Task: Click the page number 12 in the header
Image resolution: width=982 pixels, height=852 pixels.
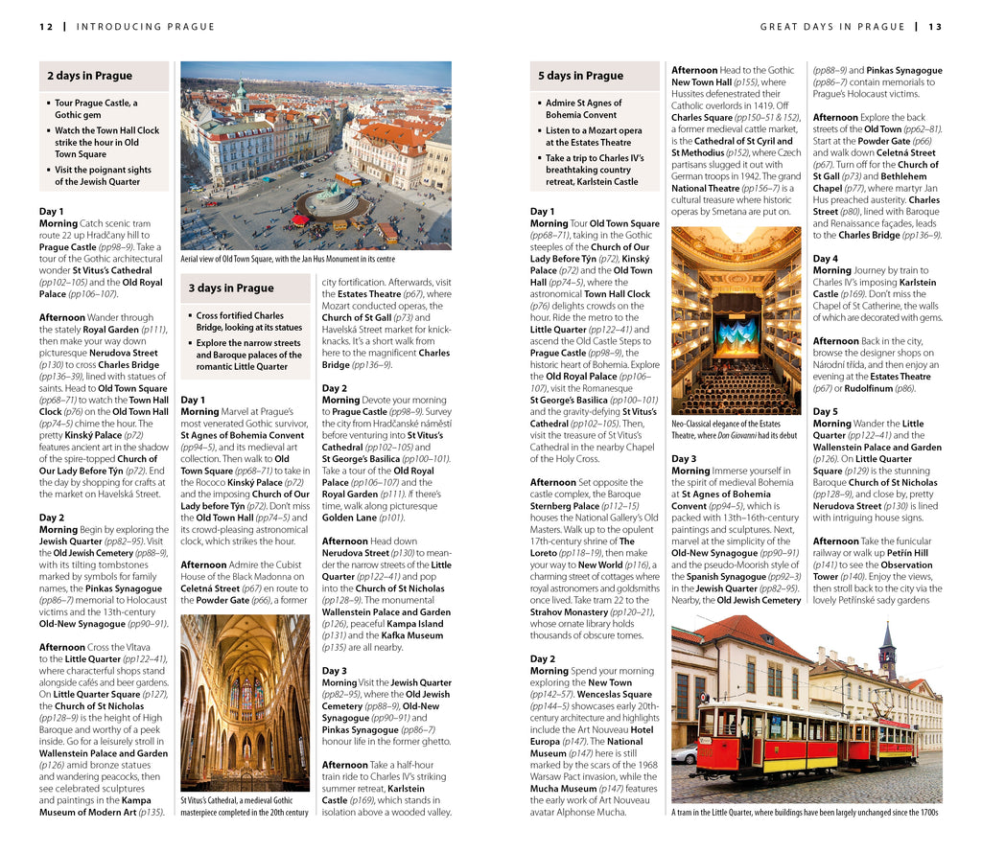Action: pyautogui.click(x=46, y=27)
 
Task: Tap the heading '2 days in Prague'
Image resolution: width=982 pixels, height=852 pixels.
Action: pyautogui.click(x=89, y=76)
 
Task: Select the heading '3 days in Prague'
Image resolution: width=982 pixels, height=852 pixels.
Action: pyautogui.click(x=230, y=288)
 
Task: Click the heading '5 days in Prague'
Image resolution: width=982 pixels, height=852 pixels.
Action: pyautogui.click(x=580, y=76)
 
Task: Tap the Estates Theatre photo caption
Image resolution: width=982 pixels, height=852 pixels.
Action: pyautogui.click(x=734, y=428)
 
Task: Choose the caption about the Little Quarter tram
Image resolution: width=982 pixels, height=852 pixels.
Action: pyautogui.click(x=805, y=813)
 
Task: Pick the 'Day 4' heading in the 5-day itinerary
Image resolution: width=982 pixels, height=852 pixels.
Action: pyautogui.click(x=825, y=259)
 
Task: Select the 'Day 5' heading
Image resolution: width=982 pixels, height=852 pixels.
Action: pyautogui.click(x=825, y=411)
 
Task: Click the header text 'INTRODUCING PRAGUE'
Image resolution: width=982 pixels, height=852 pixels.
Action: pyautogui.click(x=146, y=27)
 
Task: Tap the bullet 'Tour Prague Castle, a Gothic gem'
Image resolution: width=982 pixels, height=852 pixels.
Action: pyautogui.click(x=96, y=108)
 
